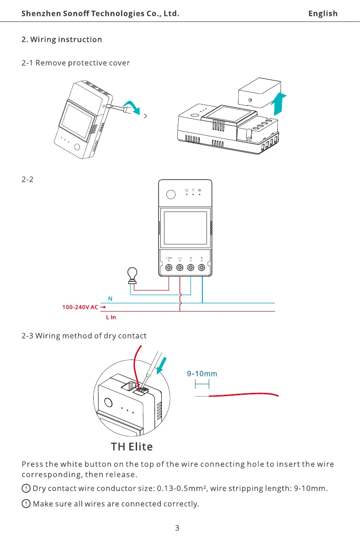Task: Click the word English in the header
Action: tap(323, 13)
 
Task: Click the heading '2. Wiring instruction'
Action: tap(62, 39)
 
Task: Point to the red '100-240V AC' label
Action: tap(80, 307)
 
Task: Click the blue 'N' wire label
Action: tap(110, 298)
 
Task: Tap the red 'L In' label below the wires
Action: tap(110, 317)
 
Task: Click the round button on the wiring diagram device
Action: tap(170, 194)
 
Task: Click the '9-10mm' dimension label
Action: tap(202, 374)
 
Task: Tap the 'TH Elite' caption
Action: tap(132, 446)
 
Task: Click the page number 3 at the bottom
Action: tap(177, 529)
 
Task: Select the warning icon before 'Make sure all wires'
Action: tap(26, 504)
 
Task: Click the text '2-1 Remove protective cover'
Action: tap(75, 63)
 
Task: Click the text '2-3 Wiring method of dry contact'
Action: tap(84, 336)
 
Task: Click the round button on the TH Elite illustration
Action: tap(109, 403)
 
